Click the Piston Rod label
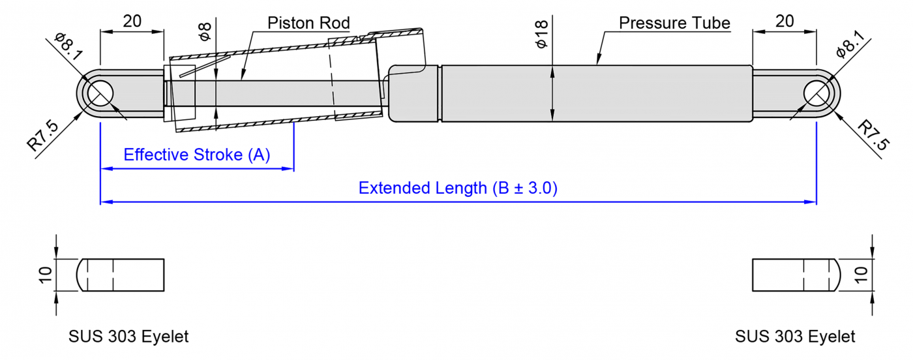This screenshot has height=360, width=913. pos(308,23)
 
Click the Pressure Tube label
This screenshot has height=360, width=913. pos(674,23)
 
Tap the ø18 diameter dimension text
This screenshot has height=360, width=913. pos(541,35)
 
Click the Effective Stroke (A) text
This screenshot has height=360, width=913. pos(196,155)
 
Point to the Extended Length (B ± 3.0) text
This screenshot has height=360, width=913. pos(458,188)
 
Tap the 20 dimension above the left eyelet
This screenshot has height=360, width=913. pos(132,21)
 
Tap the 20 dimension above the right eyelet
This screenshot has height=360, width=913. pos(785,21)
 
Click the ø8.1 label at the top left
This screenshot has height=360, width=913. pos(68,46)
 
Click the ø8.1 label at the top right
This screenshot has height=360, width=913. pos(850,46)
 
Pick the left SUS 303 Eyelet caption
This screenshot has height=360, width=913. pos(128,337)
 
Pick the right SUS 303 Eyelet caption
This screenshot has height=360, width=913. pos(795,337)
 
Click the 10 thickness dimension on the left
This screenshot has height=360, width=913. pos(44,275)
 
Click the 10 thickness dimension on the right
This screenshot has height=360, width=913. pos(861,275)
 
